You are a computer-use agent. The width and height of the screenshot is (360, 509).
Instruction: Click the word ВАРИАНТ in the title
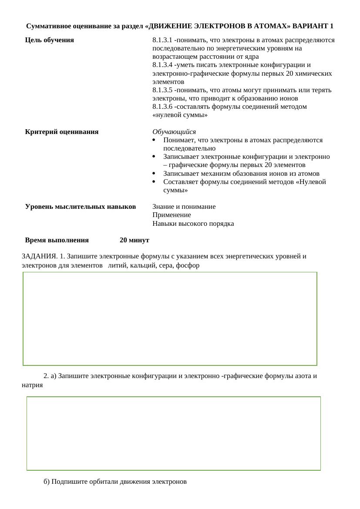[310, 26]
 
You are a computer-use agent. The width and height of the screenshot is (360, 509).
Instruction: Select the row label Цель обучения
[50, 40]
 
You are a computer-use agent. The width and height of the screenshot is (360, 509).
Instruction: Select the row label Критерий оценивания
[62, 132]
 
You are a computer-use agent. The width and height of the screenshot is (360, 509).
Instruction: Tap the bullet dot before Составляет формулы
[155, 182]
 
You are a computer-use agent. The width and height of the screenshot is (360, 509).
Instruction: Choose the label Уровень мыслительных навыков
[81, 207]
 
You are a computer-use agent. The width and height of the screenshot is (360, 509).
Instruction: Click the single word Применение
[172, 215]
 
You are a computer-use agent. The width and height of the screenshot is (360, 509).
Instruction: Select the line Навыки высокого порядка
[193, 224]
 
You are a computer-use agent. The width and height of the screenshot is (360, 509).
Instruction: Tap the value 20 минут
[135, 240]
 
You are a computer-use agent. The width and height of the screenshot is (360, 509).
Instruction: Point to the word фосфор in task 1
[188, 265]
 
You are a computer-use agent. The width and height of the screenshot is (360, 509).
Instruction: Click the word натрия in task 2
[32, 385]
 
